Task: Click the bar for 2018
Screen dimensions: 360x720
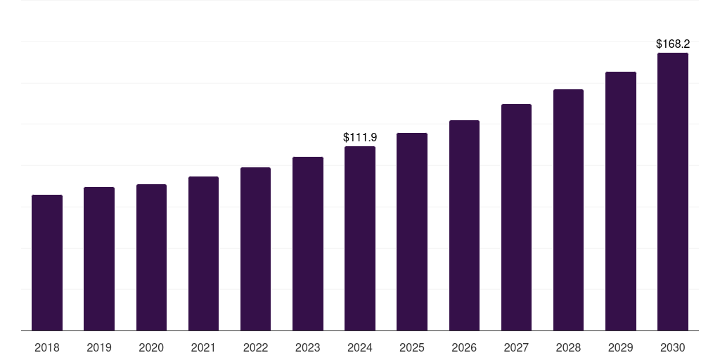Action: click(47, 262)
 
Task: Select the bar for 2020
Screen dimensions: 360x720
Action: click(151, 257)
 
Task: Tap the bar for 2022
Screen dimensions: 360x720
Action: click(255, 249)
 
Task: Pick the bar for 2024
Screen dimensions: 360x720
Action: click(360, 238)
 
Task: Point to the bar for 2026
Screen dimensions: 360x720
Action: click(464, 225)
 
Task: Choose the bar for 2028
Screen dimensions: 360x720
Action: click(568, 210)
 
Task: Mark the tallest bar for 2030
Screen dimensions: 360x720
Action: click(673, 191)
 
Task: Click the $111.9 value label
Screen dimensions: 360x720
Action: click(360, 137)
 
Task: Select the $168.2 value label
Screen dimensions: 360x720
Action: click(673, 44)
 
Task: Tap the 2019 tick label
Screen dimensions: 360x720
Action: click(99, 347)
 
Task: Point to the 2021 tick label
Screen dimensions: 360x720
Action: click(203, 347)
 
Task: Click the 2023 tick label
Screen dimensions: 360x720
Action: click(307, 347)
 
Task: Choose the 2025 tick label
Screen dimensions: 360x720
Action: click(412, 347)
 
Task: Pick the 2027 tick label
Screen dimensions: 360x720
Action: click(516, 347)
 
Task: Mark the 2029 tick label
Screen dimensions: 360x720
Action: click(620, 347)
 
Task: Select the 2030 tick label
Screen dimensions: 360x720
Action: click(673, 347)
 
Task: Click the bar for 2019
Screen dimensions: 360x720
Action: click(99, 259)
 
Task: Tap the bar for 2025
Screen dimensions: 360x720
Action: click(412, 231)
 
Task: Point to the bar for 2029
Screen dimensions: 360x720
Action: click(620, 201)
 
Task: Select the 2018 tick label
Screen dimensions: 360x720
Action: click(47, 347)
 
